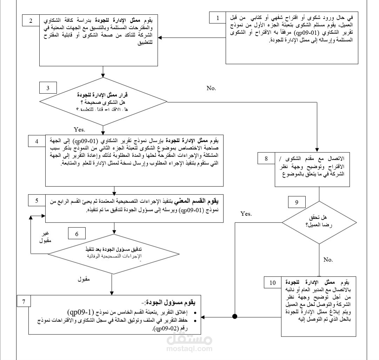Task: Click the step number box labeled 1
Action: click(218, 17)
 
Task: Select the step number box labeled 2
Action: click(31, 20)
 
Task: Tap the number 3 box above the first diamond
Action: click(48, 88)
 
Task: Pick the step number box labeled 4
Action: click(36, 142)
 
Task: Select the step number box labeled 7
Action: click(23, 302)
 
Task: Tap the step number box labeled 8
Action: click(266, 159)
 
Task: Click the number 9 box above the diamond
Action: click(297, 202)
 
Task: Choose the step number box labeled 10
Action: click(273, 282)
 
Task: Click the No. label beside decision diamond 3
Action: click(211, 88)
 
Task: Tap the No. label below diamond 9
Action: click(328, 260)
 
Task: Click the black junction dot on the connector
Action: click(235, 317)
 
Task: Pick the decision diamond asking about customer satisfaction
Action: click(319, 222)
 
